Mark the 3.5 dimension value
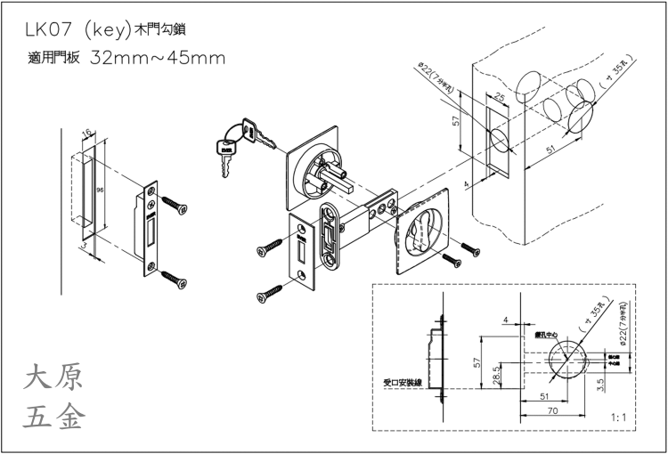602,385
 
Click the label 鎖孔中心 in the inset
545,336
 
